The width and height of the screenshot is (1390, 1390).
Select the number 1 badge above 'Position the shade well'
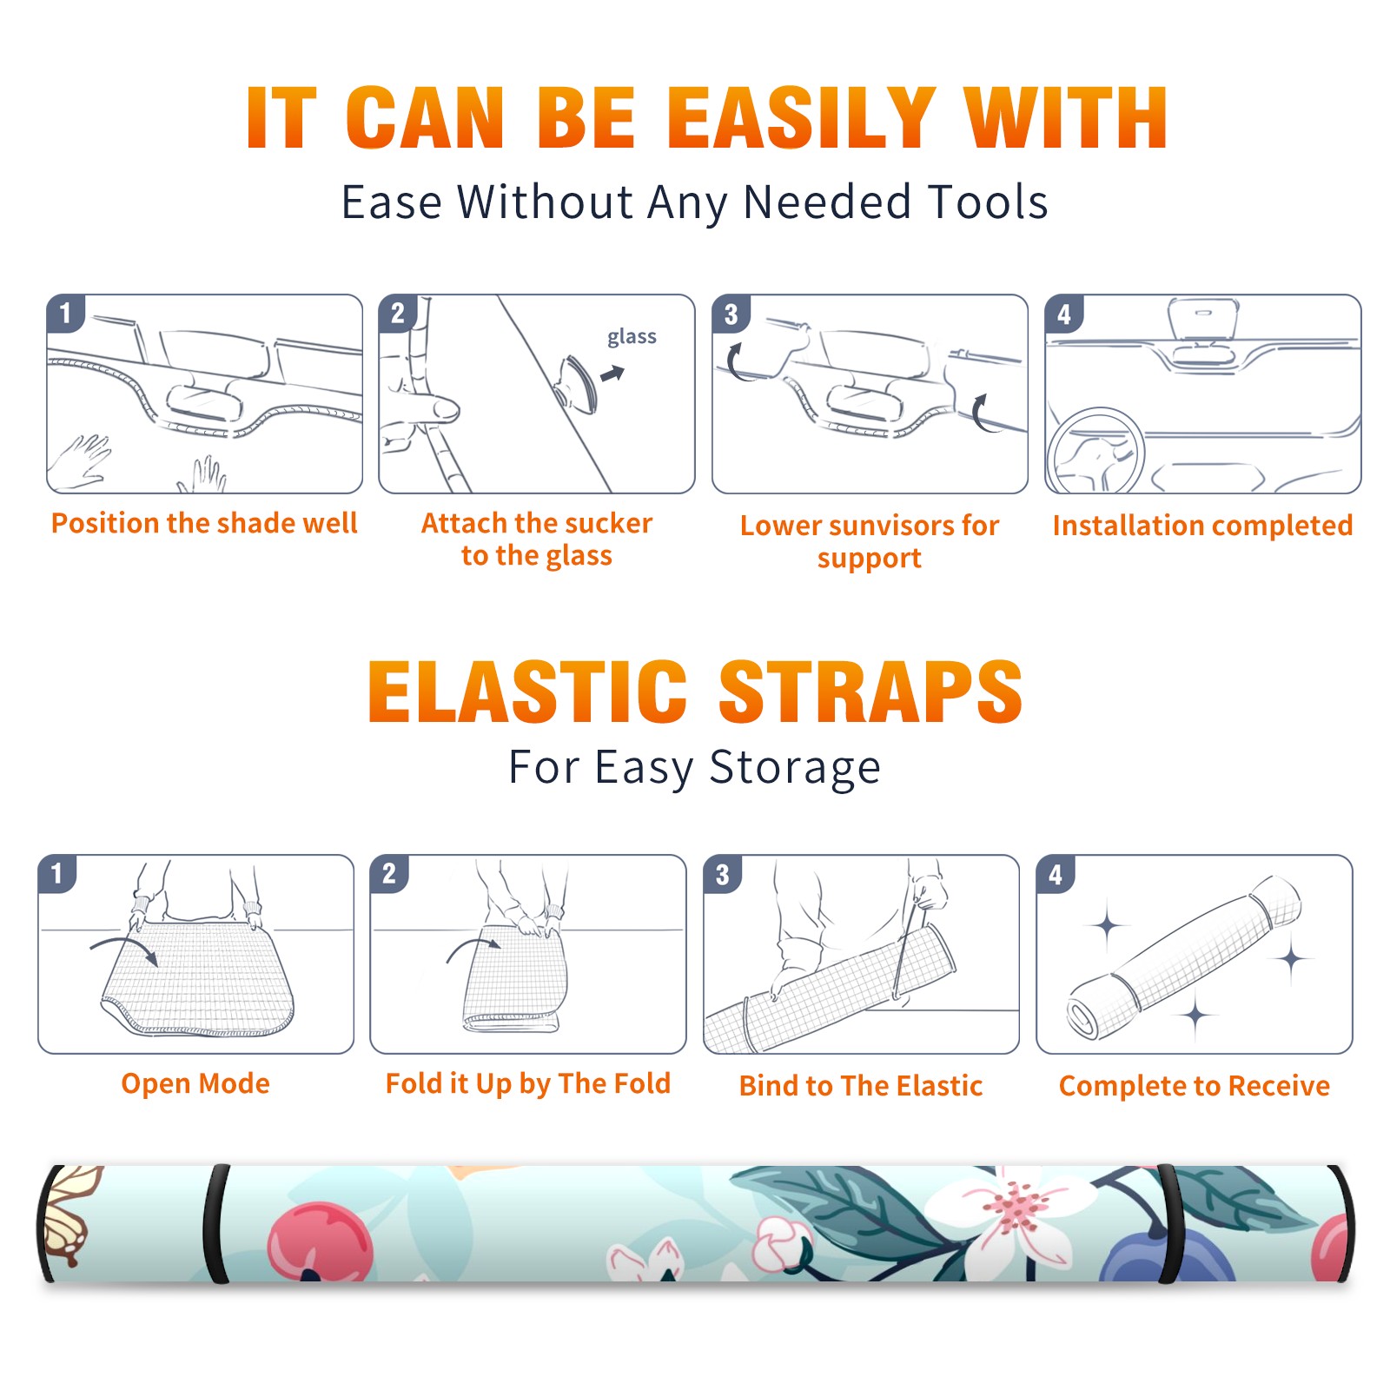click(66, 313)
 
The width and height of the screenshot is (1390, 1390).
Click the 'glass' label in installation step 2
click(632, 337)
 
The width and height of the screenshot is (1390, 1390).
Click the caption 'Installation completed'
click(1202, 526)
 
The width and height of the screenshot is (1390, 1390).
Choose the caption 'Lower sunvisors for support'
click(870, 541)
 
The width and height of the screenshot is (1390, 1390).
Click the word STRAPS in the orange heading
click(870, 692)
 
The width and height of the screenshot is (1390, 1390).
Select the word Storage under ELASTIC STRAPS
click(795, 768)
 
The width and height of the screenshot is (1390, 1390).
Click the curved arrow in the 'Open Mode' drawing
click(124, 948)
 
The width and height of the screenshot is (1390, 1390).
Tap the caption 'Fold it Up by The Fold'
click(528, 1084)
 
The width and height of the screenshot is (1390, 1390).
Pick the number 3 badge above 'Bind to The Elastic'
click(723, 874)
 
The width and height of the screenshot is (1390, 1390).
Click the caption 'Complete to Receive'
click(1195, 1086)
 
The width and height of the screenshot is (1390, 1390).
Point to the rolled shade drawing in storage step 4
click(1184, 957)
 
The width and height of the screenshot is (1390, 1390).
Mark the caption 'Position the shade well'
click(204, 523)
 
